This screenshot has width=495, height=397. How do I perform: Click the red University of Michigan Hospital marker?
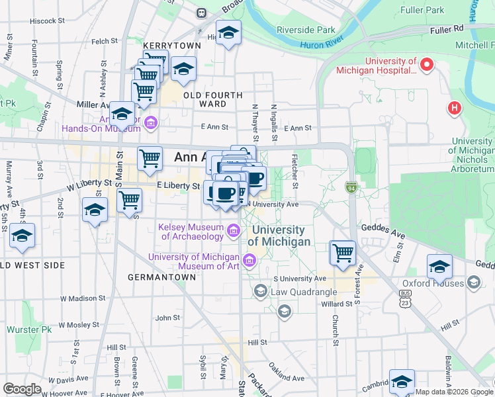(427, 65)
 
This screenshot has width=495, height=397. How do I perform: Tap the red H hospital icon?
(455, 107)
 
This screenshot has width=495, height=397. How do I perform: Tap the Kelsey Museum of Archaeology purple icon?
(233, 231)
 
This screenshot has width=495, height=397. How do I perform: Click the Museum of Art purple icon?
(249, 261)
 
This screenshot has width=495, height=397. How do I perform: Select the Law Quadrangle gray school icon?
(260, 291)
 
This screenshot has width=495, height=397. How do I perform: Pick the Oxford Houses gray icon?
(473, 283)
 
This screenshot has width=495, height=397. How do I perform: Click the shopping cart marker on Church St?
(343, 252)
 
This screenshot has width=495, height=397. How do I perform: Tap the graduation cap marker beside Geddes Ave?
(439, 266)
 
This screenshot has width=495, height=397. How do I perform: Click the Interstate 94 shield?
(351, 189)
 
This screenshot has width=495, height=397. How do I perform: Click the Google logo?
(22, 389)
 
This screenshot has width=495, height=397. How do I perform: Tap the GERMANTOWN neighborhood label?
(161, 277)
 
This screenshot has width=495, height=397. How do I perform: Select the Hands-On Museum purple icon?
(151, 122)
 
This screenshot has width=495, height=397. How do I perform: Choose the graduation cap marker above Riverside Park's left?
(228, 32)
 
